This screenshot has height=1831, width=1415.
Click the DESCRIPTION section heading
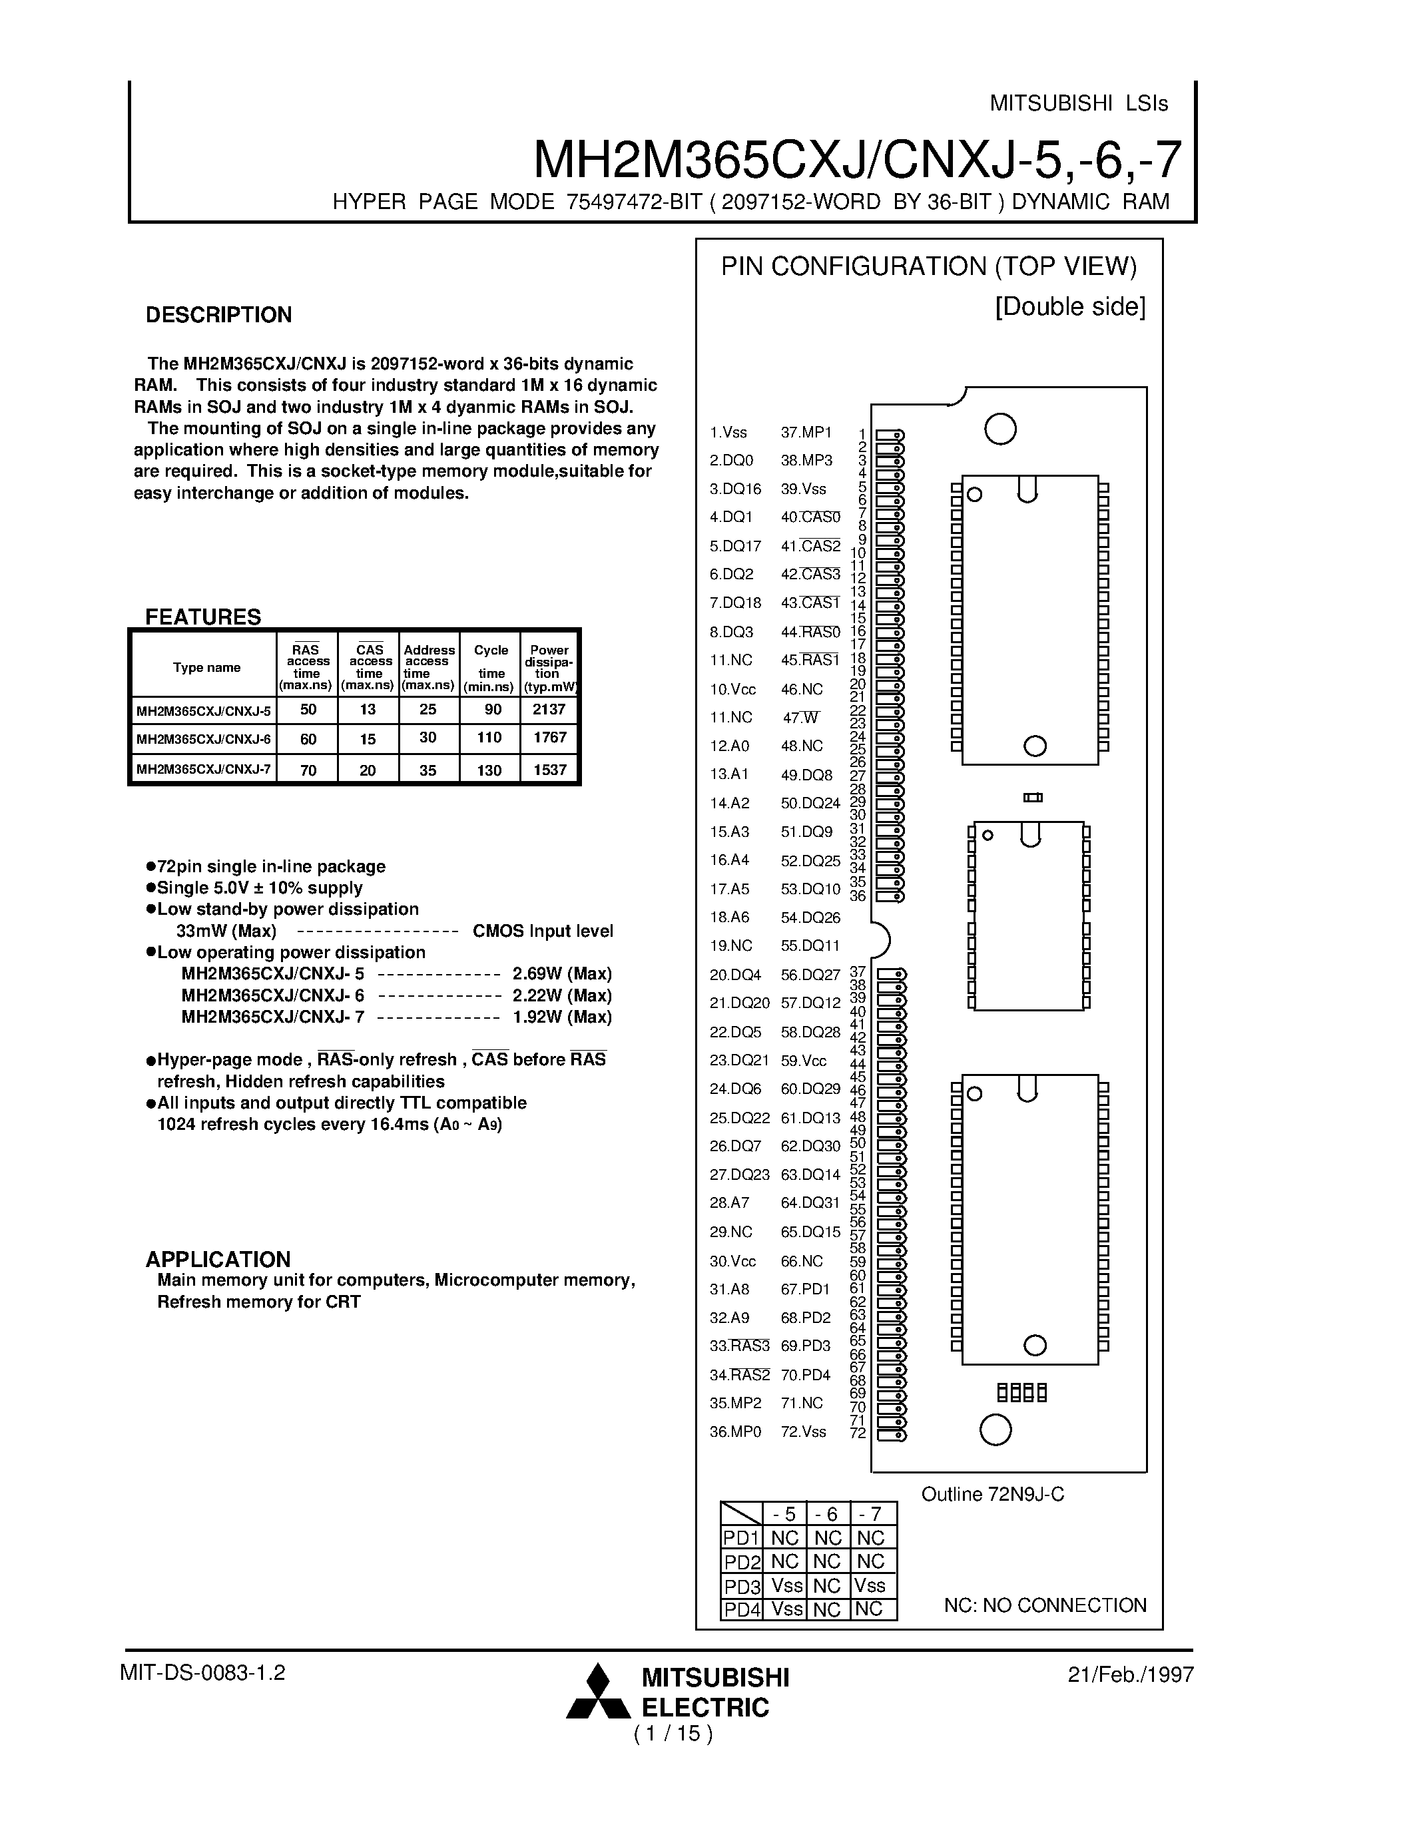219,315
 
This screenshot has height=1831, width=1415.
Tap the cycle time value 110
489,738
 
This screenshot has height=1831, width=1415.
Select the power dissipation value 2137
549,709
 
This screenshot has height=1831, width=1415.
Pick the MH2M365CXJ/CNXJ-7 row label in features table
204,769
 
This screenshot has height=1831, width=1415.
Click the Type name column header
206,667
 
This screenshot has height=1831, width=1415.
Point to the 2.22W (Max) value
561,995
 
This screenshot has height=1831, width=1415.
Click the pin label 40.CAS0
810,517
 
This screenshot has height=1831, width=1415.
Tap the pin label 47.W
800,718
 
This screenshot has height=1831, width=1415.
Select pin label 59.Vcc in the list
803,1061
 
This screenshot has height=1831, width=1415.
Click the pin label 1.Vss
728,433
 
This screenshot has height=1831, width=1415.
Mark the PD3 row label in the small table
741,1586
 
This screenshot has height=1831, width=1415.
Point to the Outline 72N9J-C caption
993,1494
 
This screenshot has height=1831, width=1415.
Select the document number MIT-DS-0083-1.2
203,1673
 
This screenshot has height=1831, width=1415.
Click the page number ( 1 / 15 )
673,1733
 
